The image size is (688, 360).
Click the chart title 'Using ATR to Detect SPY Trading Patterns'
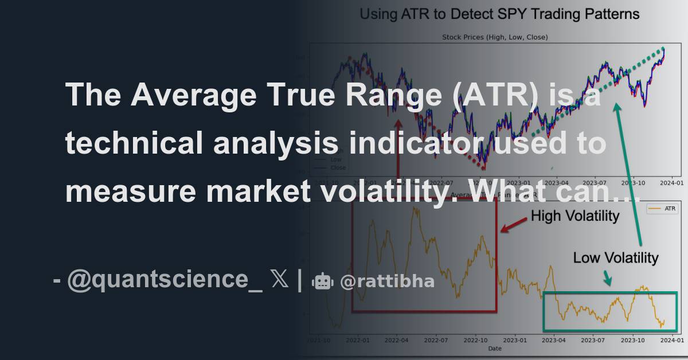(499, 14)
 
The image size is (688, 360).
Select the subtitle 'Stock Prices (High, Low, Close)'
(495, 37)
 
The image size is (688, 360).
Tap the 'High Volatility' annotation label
(574, 216)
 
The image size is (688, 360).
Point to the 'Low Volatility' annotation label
(616, 258)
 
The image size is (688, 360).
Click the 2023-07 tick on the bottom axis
(593, 341)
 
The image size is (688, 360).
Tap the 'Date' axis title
(494, 348)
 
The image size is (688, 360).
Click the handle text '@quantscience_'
(165, 280)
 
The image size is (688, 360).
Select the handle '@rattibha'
(386, 281)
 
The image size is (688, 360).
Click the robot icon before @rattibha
(322, 281)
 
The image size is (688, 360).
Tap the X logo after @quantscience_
(280, 280)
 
